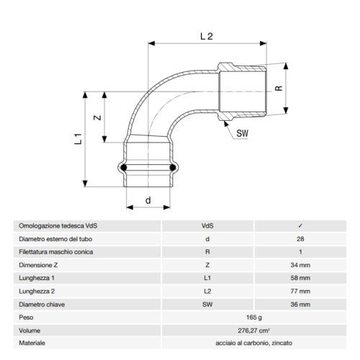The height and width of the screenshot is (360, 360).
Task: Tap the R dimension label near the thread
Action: pyautogui.click(x=279, y=91)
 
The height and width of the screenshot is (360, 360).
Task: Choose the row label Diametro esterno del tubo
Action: pyautogui.click(x=55, y=238)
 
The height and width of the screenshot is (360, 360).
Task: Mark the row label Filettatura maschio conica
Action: pyautogui.click(x=57, y=251)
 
